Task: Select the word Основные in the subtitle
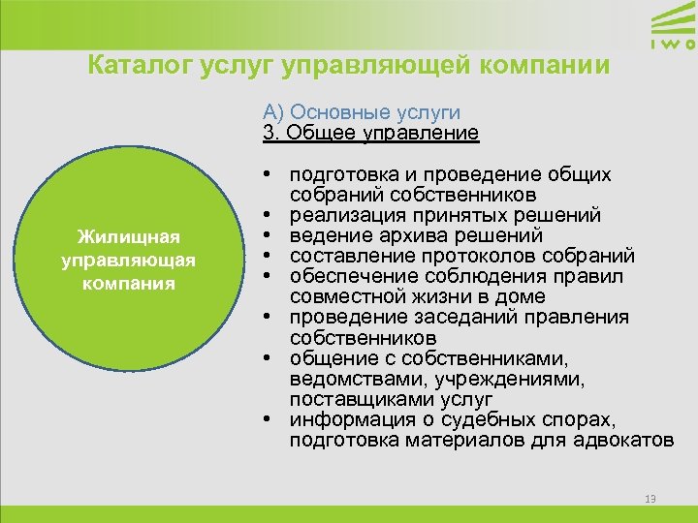point(331,112)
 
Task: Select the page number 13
point(650,499)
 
